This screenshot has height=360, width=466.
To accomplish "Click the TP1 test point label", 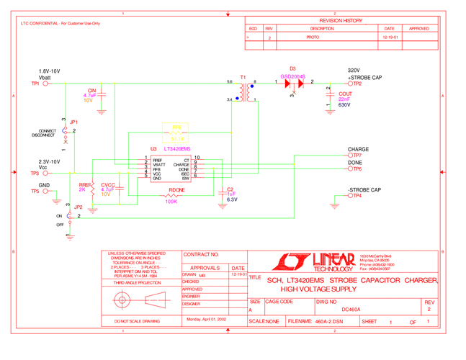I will (x=35, y=84).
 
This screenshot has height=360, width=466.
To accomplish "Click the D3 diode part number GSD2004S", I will (x=293, y=76).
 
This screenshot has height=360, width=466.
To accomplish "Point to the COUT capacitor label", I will (x=345, y=94).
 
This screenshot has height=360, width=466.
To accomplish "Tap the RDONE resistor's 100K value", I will (x=172, y=202).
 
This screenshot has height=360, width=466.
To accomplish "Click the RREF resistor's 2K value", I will (x=82, y=190).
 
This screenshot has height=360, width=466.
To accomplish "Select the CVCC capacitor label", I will (x=108, y=185).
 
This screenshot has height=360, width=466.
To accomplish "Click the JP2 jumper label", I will (x=79, y=207).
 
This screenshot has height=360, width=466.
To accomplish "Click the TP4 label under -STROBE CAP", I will (x=357, y=196).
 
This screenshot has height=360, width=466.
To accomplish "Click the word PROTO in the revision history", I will (x=313, y=37).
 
